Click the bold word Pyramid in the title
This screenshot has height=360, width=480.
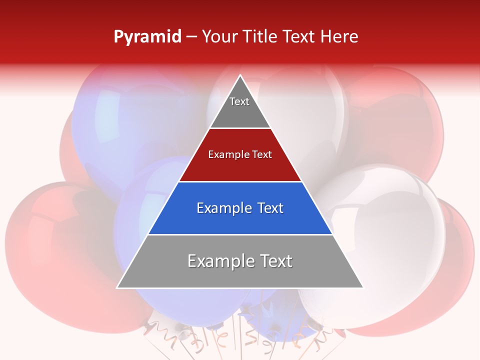147,37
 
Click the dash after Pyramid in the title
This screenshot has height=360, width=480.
191,37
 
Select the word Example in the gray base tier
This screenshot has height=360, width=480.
220,261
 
